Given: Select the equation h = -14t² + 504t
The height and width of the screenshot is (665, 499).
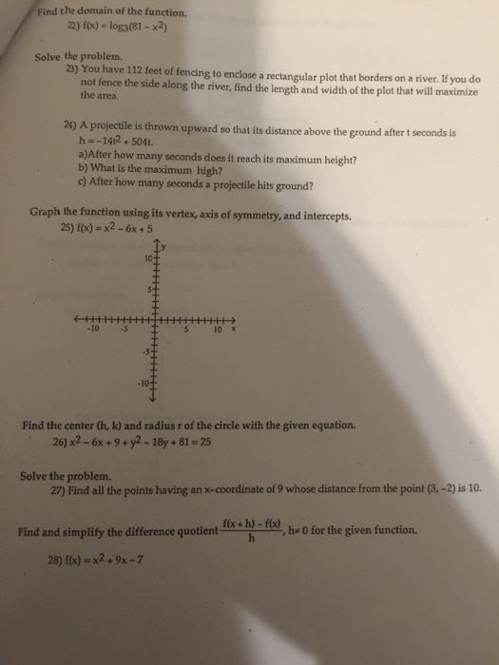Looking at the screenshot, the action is click(117, 145).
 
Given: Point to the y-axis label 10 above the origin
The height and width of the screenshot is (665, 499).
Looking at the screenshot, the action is click(148, 258).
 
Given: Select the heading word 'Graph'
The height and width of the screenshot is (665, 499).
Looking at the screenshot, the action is click(47, 216).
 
